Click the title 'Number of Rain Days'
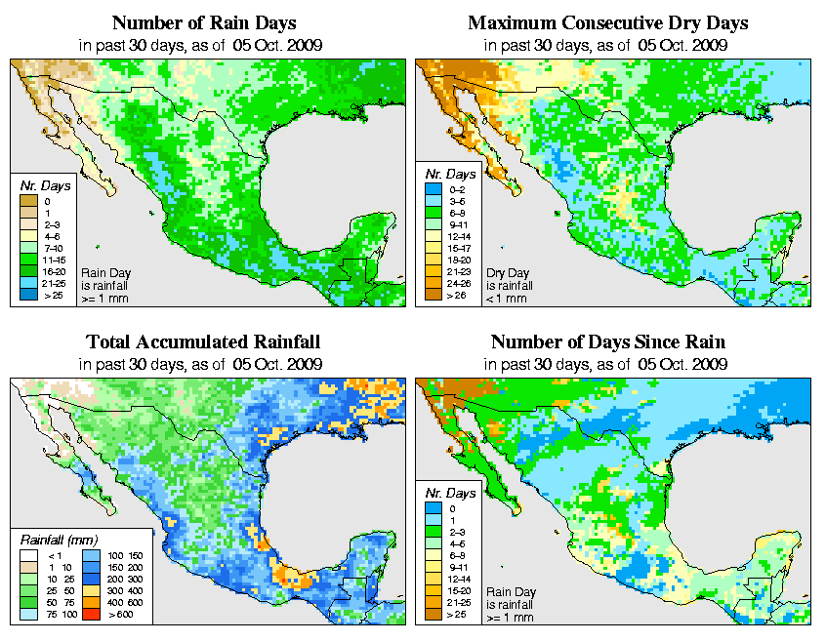pyautogui.click(x=203, y=22)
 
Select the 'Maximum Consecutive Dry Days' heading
pyautogui.click(x=608, y=22)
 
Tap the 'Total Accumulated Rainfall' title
pyautogui.click(x=203, y=342)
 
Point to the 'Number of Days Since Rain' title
pyautogui.click(x=608, y=342)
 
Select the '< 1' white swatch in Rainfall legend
pyautogui.click(x=26, y=554)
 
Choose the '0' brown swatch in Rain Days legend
pyautogui.click(x=26, y=201)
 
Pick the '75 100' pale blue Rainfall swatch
pyautogui.click(x=26, y=617)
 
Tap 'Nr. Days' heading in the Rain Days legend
pyautogui.click(x=42, y=184)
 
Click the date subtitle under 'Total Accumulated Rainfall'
pyautogui.click(x=203, y=364)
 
